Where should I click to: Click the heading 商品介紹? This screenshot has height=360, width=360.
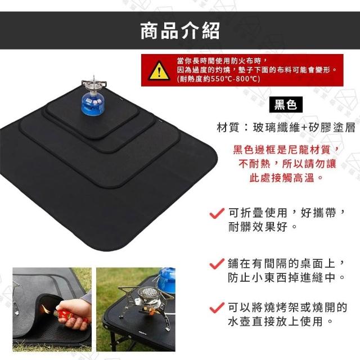(x=180, y=30)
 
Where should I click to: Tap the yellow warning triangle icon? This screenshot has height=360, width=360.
(x=159, y=70)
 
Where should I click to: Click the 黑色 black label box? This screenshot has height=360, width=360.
(x=286, y=105)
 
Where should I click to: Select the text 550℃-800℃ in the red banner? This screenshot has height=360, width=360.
(x=235, y=79)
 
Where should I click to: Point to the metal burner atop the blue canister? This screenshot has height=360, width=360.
(x=94, y=84)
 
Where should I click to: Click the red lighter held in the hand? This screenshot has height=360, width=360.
(x=68, y=315)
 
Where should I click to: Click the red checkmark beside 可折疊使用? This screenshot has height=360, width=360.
(x=217, y=213)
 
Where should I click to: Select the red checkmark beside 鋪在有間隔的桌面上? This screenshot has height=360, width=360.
(x=217, y=263)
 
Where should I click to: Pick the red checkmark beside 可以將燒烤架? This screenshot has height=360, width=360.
(x=217, y=307)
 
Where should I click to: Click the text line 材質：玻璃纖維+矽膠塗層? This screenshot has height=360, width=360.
(x=286, y=128)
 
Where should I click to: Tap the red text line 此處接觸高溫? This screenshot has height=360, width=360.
(x=286, y=178)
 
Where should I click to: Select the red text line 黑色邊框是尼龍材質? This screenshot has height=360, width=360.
(x=286, y=150)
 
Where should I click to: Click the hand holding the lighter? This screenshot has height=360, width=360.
(x=74, y=312)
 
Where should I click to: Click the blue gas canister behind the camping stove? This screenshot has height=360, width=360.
(x=166, y=280)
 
